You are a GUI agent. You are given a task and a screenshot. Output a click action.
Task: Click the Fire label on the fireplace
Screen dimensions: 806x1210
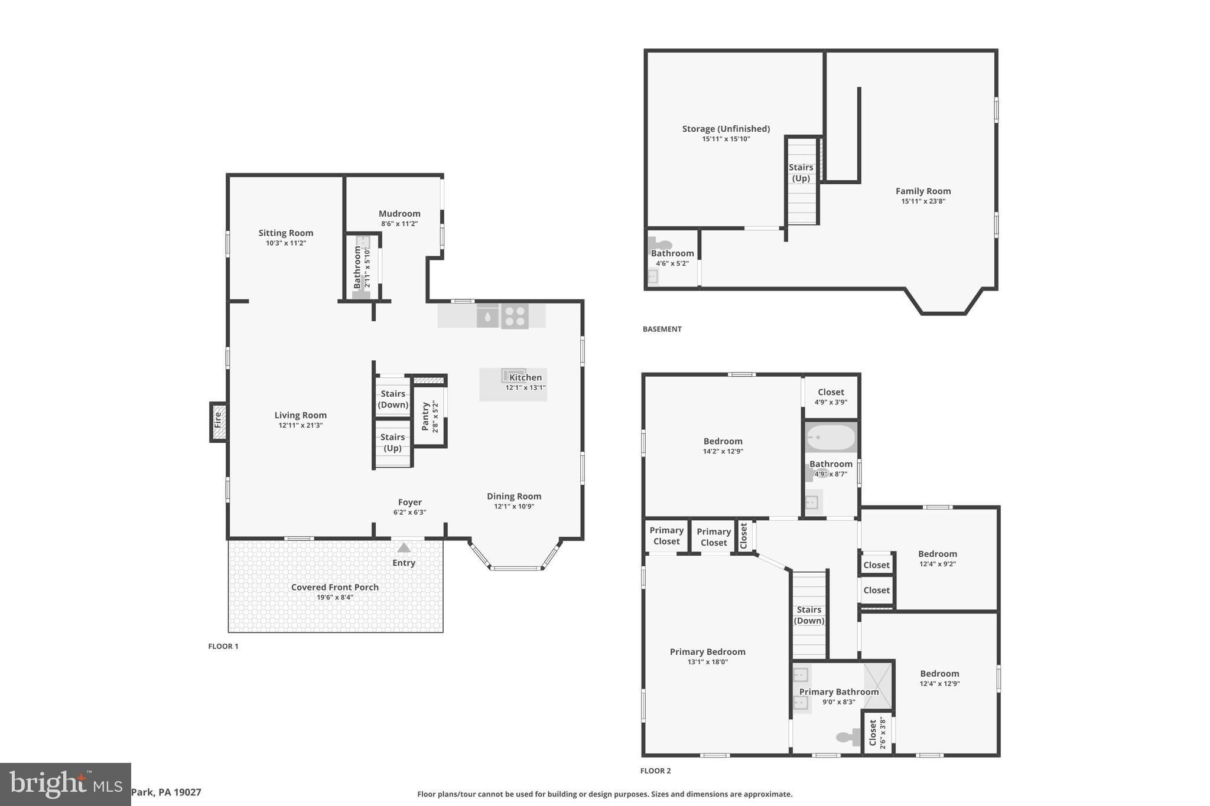pos(218,420)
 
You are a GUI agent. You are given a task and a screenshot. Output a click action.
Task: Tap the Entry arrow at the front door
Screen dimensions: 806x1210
pos(404,548)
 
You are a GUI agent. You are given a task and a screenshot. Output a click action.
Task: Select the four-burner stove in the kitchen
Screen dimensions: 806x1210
pos(515,316)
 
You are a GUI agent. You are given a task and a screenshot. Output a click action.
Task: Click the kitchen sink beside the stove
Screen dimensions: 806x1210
pos(488,316)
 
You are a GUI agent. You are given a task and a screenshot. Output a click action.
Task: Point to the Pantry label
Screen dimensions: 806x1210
pos(425,416)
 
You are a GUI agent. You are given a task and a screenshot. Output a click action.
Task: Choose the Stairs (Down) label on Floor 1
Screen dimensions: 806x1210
pos(393,399)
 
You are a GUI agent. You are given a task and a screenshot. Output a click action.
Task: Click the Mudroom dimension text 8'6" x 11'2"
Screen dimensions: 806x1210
pos(399,224)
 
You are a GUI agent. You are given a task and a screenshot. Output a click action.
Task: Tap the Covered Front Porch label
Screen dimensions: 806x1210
pos(334,587)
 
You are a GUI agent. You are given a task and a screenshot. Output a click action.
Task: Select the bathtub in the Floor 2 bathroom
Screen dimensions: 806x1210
pos(831,438)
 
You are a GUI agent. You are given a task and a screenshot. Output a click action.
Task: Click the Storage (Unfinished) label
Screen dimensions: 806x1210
pos(726,129)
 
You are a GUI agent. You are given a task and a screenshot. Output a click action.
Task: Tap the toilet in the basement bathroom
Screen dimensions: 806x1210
pos(659,244)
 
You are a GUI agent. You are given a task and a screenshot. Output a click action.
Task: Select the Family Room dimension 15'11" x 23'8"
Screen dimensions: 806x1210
pos(923,201)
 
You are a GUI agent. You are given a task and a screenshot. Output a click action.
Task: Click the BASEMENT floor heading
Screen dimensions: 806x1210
pos(662,329)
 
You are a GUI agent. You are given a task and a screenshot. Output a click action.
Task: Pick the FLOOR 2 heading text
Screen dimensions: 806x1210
pos(655,771)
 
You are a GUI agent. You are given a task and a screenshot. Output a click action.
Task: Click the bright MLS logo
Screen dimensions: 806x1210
pos(65,784)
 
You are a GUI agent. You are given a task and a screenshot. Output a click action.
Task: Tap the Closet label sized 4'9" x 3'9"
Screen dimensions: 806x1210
pos(831,392)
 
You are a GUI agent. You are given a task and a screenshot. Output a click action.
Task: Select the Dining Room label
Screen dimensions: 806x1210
pos(513,496)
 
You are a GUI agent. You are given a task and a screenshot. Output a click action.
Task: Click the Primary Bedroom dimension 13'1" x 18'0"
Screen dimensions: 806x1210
pos(707,662)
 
